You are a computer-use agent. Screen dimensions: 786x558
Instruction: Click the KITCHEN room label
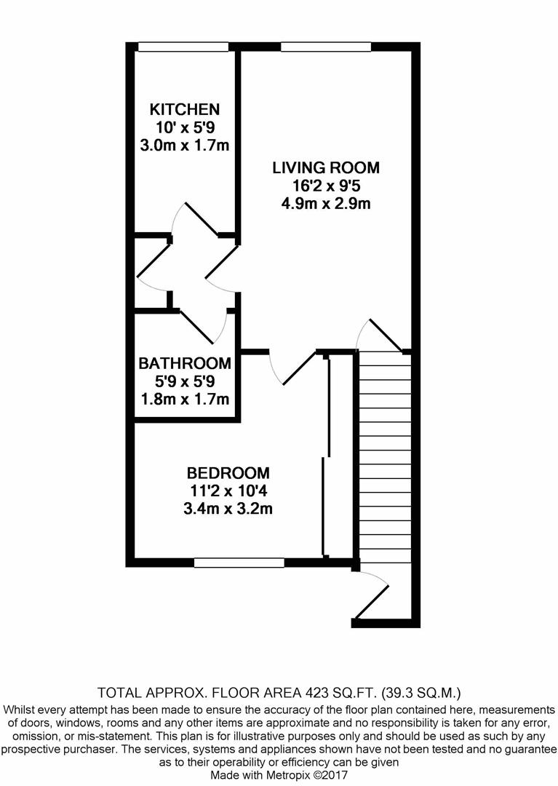pyautogui.click(x=184, y=110)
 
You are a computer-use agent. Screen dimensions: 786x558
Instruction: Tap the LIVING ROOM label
pyautogui.click(x=326, y=168)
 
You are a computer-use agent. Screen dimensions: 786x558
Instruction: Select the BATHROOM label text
pyautogui.click(x=185, y=363)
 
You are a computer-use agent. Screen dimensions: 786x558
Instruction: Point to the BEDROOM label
pyautogui.click(x=228, y=472)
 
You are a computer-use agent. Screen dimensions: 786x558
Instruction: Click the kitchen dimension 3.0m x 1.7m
pyautogui.click(x=184, y=145)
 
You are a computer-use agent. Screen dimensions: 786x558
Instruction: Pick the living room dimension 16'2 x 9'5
pyautogui.click(x=326, y=186)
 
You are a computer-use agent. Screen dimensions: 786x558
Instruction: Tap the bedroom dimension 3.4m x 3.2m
pyautogui.click(x=228, y=508)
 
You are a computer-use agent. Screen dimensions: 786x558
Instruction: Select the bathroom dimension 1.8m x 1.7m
pyautogui.click(x=185, y=399)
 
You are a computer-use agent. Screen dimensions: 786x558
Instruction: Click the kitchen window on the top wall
pyautogui.click(x=183, y=47)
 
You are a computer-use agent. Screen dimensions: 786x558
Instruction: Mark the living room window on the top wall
pyautogui.click(x=326, y=47)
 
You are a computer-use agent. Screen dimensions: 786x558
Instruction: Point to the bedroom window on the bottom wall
pyautogui.click(x=239, y=562)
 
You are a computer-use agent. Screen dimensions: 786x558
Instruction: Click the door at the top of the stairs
pyautogui.click(x=379, y=335)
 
